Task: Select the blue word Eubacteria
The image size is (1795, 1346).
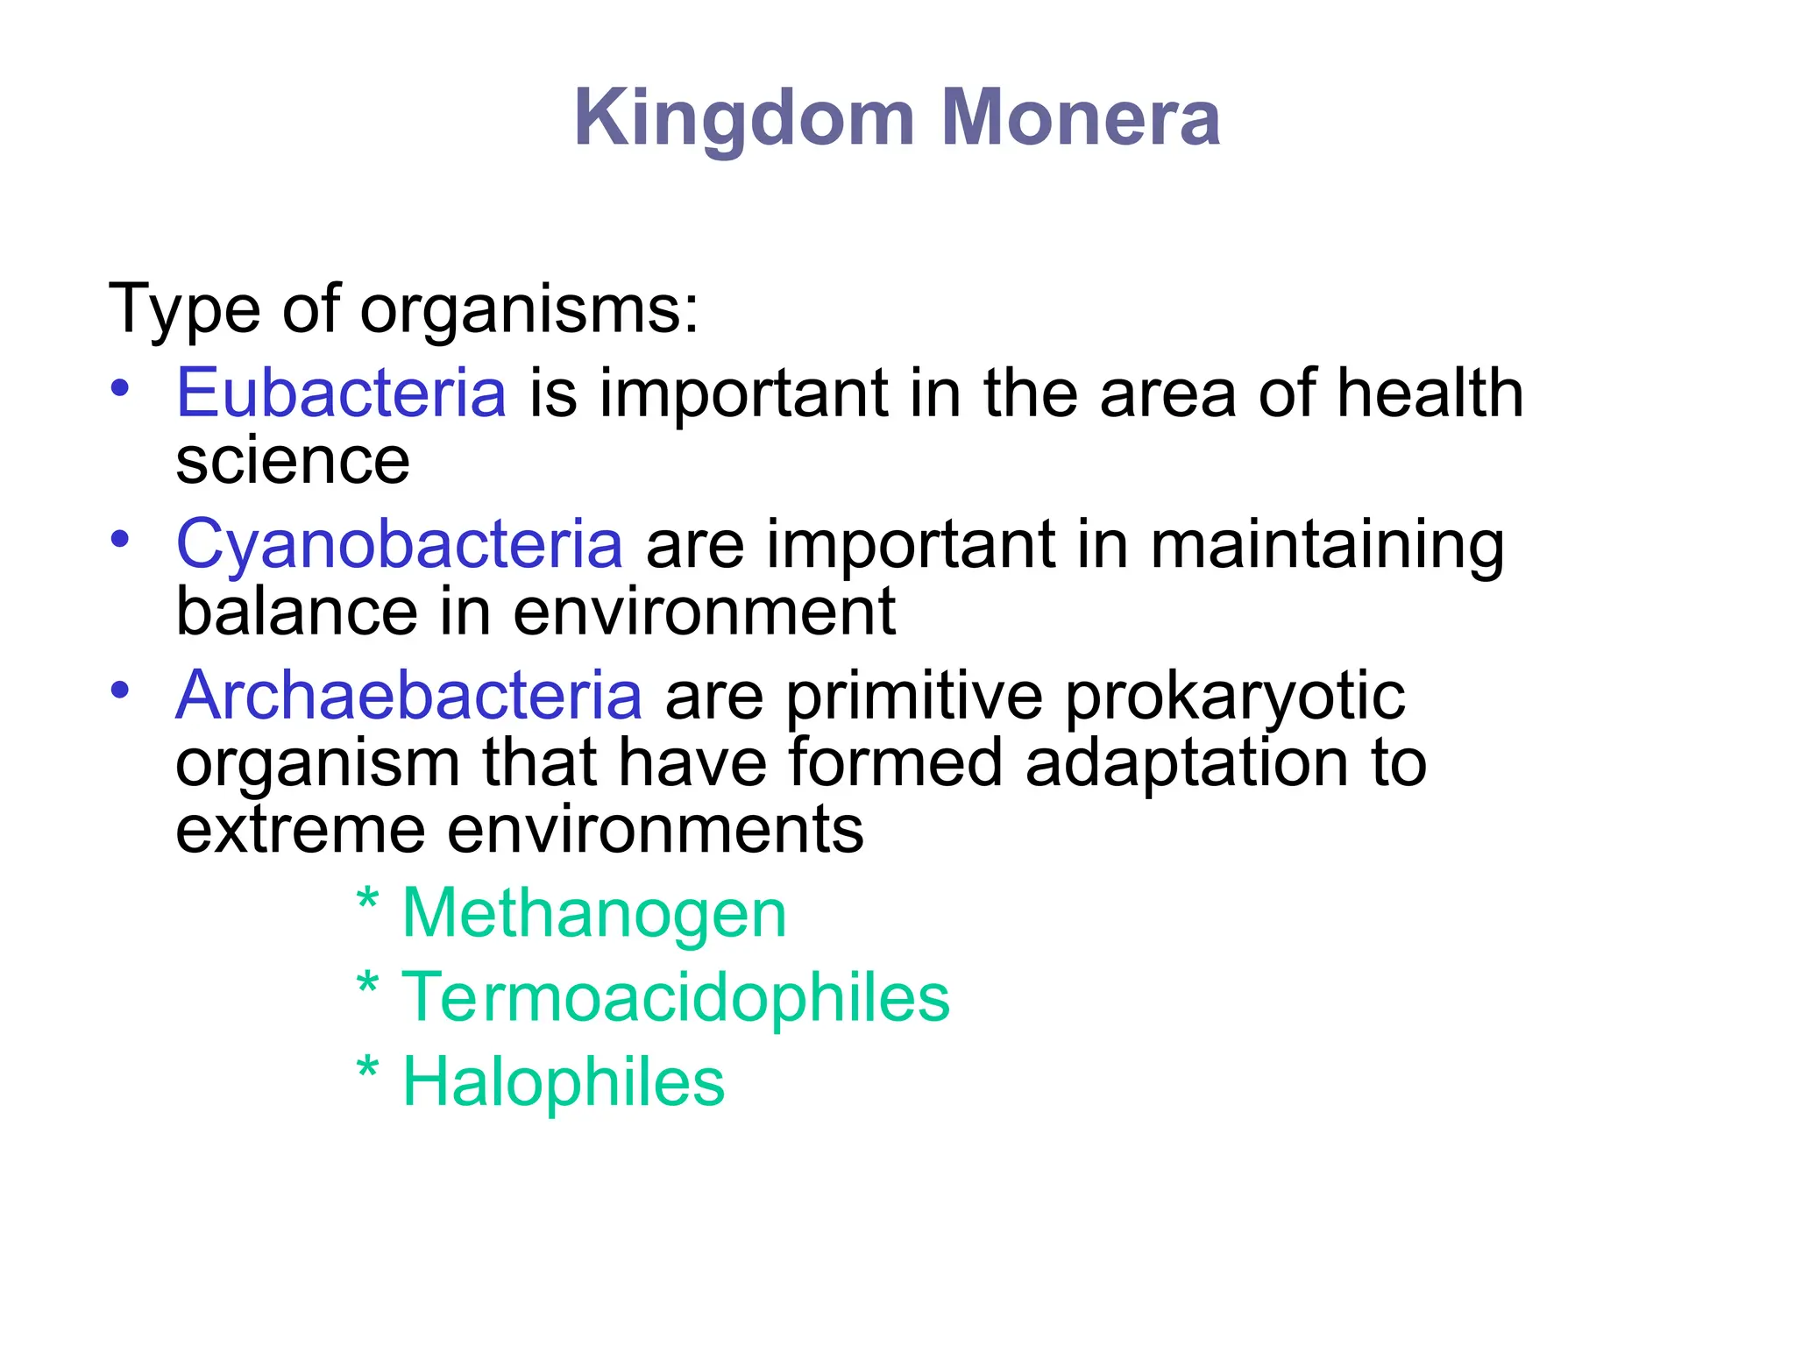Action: [341, 393]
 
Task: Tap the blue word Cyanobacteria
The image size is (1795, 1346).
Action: [400, 544]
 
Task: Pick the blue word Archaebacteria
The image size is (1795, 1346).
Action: [409, 696]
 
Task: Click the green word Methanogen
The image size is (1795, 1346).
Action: [594, 914]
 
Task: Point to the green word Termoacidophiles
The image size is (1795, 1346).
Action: [676, 997]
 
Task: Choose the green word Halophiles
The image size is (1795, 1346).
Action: [564, 1081]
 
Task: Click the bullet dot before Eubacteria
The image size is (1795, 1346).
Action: [121, 387]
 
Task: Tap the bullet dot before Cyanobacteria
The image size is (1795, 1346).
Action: [121, 538]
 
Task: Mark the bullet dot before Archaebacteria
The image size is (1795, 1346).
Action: [121, 690]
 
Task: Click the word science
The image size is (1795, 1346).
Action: [293, 462]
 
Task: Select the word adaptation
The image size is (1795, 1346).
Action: [1187, 763]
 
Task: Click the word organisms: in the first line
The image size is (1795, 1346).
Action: [530, 310]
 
